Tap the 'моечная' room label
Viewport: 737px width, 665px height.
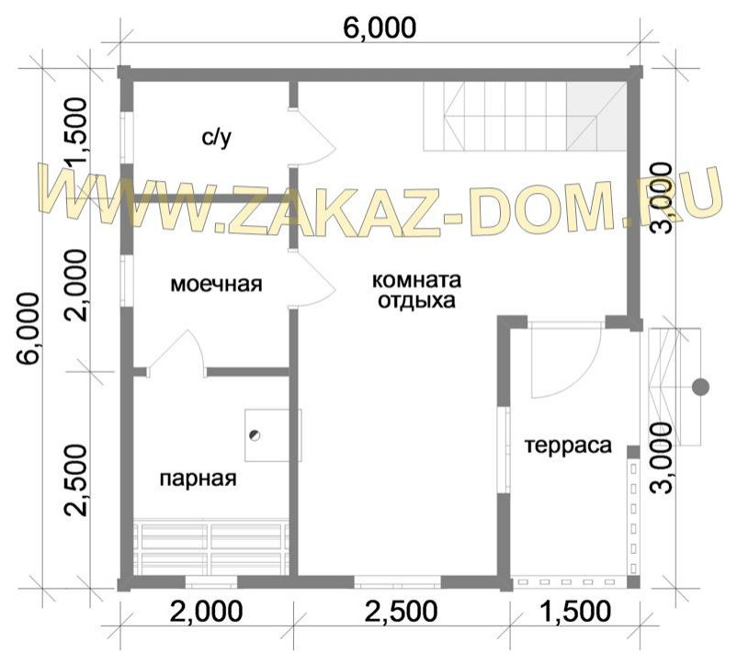(217, 285)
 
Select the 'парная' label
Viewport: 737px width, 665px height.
(198, 479)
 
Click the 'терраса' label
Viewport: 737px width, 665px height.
(568, 446)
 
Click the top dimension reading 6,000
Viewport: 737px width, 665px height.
(380, 27)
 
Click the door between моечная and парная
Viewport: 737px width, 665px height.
(179, 354)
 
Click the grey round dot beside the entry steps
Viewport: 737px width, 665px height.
(700, 387)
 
